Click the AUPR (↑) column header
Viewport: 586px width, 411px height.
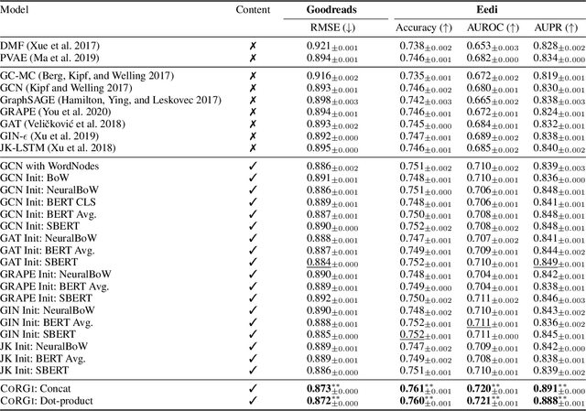coord(551,27)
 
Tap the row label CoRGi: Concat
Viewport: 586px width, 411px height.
coord(40,386)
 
